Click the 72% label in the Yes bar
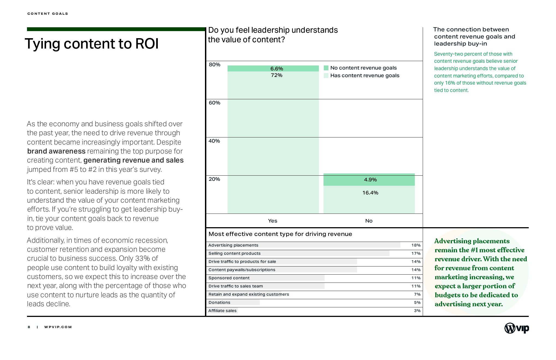(x=276, y=75)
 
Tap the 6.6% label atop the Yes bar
(x=277, y=69)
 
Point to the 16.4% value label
(x=370, y=193)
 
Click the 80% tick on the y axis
(x=214, y=65)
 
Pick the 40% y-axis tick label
(x=214, y=141)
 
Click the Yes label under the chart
(x=273, y=221)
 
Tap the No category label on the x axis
(x=369, y=221)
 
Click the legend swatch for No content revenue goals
(x=326, y=68)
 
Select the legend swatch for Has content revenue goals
(x=326, y=76)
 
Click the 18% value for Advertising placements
(x=416, y=245)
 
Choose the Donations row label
(x=219, y=302)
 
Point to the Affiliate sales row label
(x=222, y=311)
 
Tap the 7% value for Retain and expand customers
(x=417, y=294)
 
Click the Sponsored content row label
(x=229, y=278)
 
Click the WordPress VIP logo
(x=516, y=328)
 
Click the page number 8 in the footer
(x=29, y=327)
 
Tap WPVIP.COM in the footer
(x=58, y=327)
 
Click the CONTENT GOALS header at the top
(x=48, y=14)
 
